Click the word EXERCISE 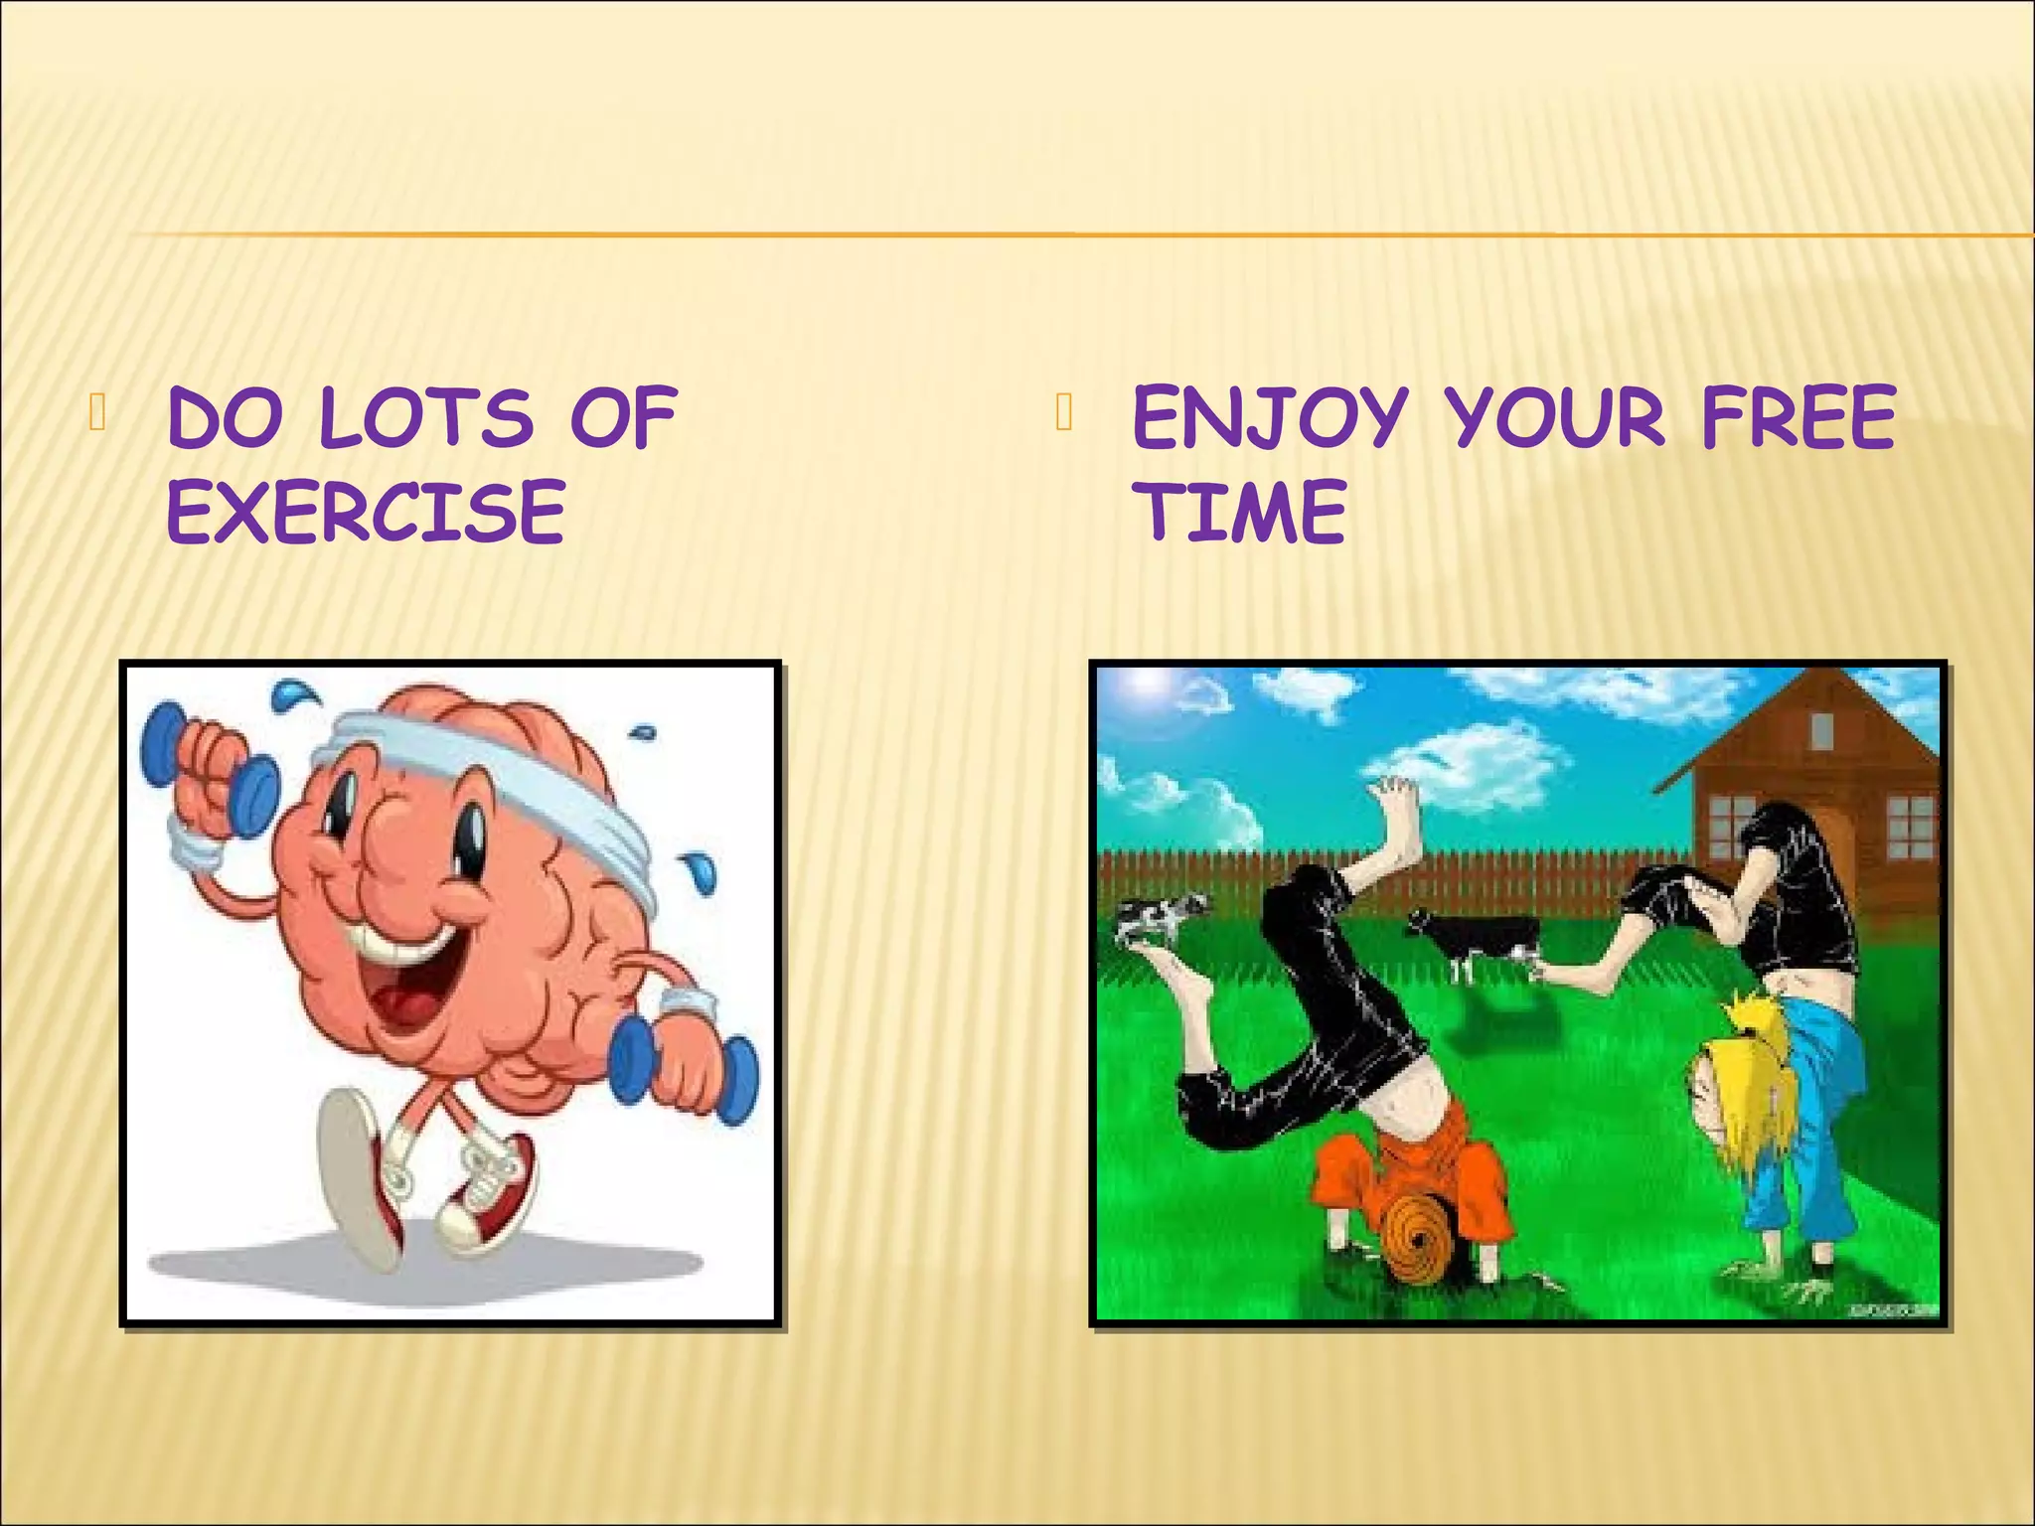tap(366, 512)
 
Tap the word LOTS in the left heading tap(427, 418)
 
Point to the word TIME tap(1242, 512)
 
